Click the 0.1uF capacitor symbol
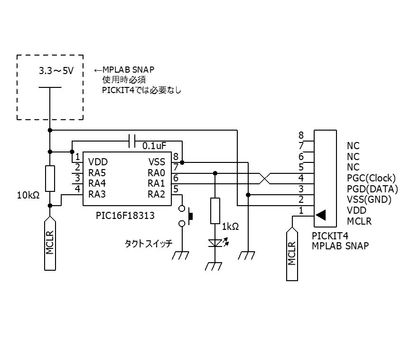tap(132, 141)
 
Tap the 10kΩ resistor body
tap(50, 179)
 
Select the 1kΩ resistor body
tap(215, 211)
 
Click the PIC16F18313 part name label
tap(125, 216)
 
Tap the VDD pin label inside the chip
tap(98, 162)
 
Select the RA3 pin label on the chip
tap(97, 194)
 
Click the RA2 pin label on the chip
tap(157, 194)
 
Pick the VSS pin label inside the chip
tap(157, 162)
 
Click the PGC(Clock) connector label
tap(371, 178)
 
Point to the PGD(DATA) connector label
tap(373, 189)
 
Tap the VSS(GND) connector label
tap(369, 199)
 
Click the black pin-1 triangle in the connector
tap(321, 215)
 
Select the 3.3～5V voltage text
tap(56, 71)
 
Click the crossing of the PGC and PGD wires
tap(265, 179)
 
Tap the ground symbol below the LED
tap(214, 266)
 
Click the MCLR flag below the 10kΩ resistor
tap(50, 243)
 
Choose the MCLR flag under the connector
tap(292, 254)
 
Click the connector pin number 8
tap(301, 135)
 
